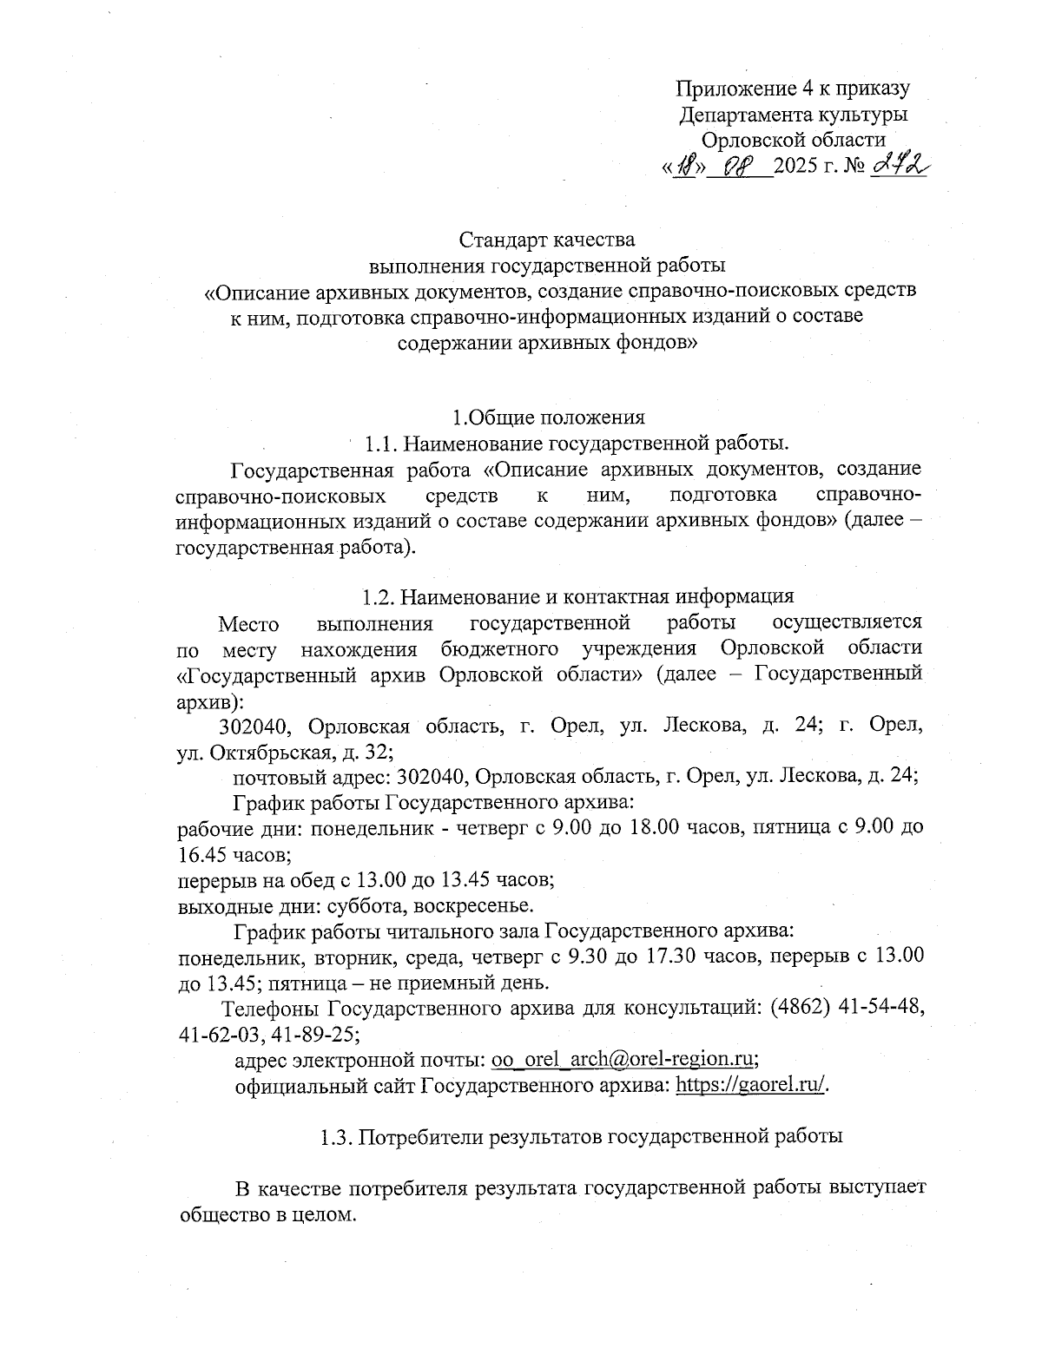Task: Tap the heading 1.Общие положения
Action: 548,418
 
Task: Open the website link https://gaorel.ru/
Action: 751,1086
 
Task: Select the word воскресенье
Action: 474,906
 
